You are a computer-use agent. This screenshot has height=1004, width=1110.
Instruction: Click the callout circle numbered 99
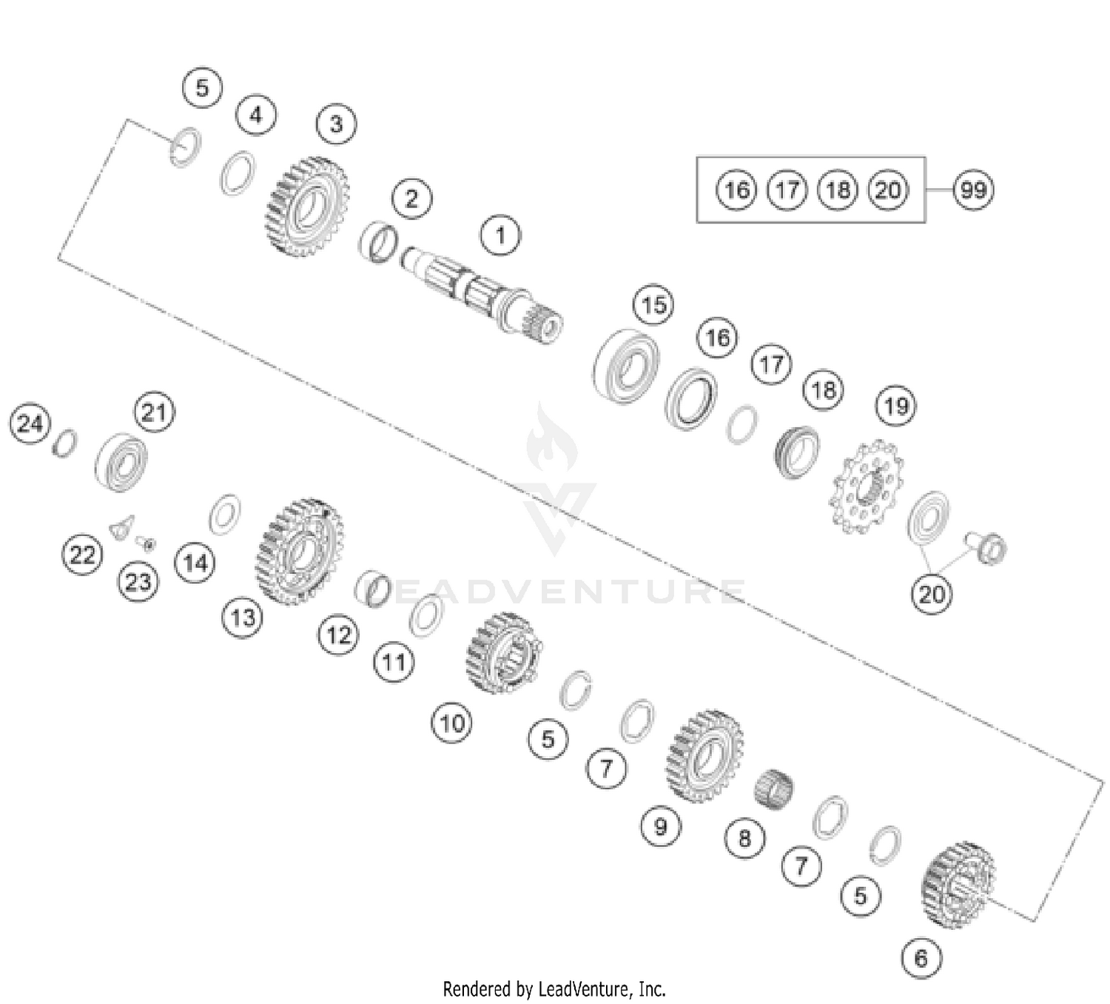972,190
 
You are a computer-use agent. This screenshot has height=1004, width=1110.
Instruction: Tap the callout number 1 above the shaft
500,235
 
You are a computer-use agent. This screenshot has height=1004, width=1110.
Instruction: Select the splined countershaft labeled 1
481,296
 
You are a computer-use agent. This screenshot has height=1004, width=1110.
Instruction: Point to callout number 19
895,406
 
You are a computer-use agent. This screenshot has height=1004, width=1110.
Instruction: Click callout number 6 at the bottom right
921,958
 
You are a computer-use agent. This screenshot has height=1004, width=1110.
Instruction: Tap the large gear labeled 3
306,207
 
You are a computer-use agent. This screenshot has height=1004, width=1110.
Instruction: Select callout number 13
243,617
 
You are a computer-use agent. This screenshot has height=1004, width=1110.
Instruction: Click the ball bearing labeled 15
627,365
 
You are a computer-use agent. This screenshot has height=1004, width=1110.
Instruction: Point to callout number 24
30,424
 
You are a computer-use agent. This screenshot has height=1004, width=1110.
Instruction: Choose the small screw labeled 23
147,544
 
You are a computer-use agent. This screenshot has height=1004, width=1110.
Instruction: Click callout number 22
81,554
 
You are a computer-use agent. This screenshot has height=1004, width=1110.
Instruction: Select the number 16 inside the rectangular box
736,190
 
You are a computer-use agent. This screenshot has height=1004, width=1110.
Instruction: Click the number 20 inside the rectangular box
887,190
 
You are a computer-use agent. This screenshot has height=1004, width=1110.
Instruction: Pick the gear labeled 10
502,652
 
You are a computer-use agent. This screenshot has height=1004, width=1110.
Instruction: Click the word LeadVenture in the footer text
585,988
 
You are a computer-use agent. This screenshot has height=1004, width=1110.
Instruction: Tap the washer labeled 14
224,515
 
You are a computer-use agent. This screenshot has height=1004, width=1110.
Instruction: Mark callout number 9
660,825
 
